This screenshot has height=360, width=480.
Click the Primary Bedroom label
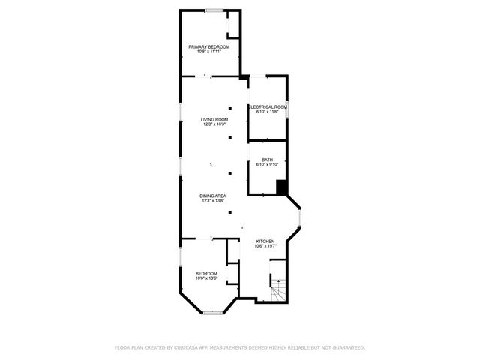[208, 46]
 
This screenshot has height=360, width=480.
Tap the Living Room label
[214, 120]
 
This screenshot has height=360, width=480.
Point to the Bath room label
[268, 159]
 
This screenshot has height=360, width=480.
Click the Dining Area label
[214, 196]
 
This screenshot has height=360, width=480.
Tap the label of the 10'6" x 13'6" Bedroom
[206, 273]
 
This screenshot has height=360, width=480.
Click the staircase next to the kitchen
[278, 289]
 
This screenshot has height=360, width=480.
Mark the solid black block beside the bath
[281, 187]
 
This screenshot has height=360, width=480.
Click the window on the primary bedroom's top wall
[214, 10]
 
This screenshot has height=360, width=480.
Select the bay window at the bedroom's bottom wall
[214, 310]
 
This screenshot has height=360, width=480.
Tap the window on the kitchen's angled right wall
[299, 219]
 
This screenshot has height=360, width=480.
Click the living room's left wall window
[180, 110]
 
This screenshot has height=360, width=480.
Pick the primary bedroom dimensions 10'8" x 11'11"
[208, 52]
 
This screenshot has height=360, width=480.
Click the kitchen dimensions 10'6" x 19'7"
[266, 246]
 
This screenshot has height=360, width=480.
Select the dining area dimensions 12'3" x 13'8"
[214, 201]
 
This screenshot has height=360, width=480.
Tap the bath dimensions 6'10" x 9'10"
[268, 164]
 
